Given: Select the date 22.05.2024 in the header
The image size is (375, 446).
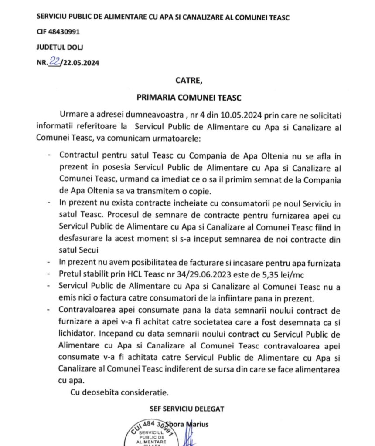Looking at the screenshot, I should [81, 62].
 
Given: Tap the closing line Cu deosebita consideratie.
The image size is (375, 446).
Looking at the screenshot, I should [119, 393].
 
